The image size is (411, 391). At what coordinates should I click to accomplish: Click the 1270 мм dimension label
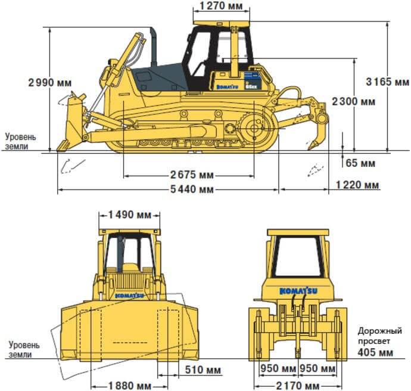pos(222,7)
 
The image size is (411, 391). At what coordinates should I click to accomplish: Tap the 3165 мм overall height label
pos(387,82)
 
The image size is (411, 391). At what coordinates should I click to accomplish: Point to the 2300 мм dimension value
pos(353,101)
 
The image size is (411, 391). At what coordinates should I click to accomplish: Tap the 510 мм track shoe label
pos(203,370)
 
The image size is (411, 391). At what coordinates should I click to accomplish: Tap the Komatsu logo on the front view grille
pos(129,295)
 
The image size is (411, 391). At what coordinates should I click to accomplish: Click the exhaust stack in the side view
pos(152,46)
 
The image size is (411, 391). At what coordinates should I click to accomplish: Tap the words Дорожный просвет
pos(375,336)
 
